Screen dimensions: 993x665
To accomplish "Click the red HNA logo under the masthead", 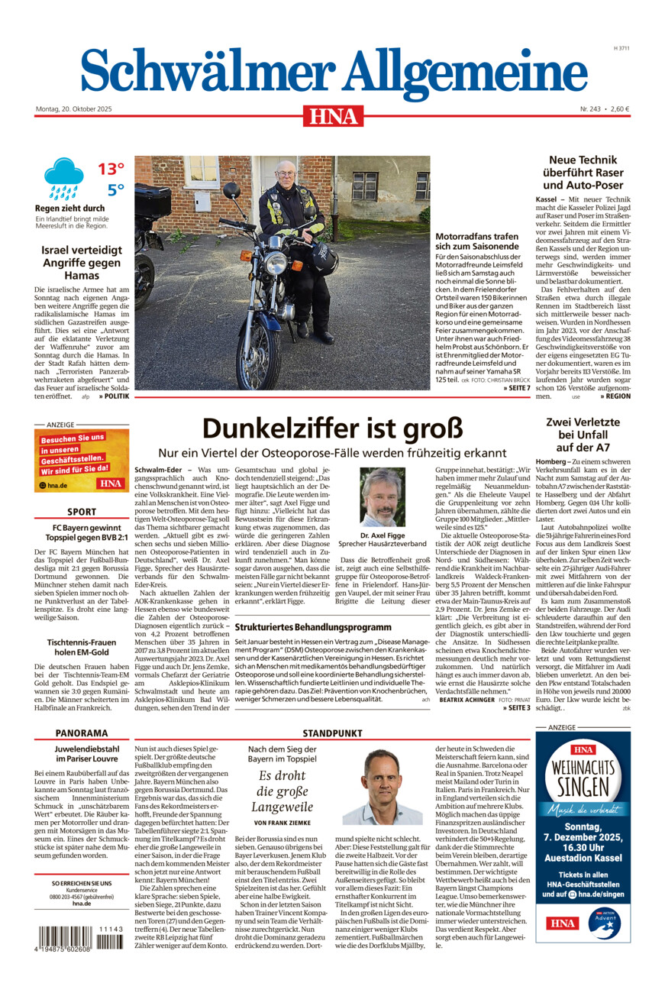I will click(333, 115).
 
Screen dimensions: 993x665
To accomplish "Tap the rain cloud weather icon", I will click(63, 178).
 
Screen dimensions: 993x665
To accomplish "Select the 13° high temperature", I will click(111, 169).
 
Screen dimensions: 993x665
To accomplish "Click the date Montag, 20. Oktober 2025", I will click(73, 109).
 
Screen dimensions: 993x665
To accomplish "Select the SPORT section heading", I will click(82, 512).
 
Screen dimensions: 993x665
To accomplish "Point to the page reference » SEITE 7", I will click(516, 389).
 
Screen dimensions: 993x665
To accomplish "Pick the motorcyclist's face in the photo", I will click(285, 175).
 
